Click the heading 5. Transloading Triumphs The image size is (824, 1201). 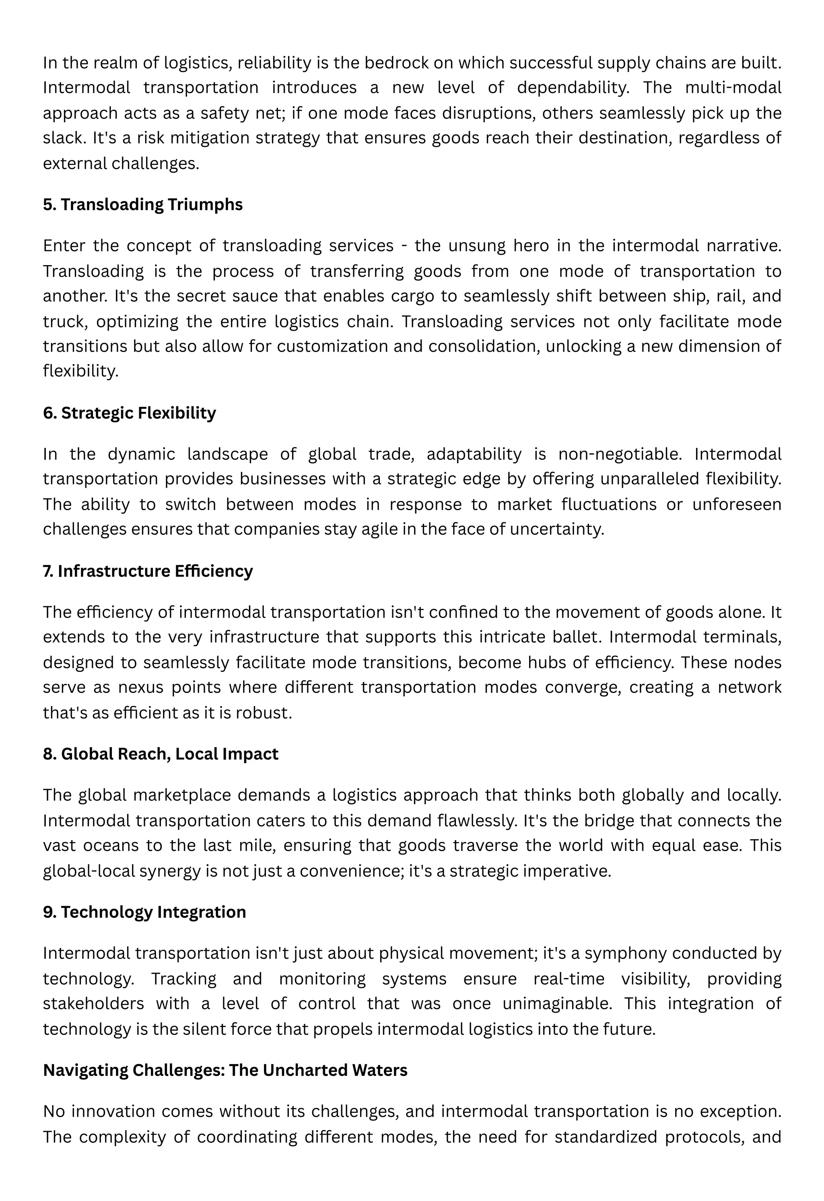click(143, 205)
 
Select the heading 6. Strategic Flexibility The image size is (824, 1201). click(129, 413)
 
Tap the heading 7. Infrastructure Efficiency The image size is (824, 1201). click(148, 571)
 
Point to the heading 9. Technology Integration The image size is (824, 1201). click(144, 912)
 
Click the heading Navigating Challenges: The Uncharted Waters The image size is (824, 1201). click(225, 1070)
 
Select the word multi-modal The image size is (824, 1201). click(733, 88)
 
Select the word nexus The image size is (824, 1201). click(141, 687)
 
